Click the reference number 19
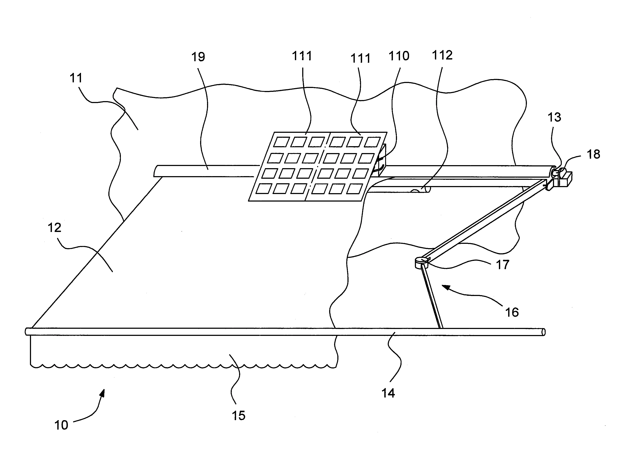[x=198, y=57]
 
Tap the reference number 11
[x=76, y=78]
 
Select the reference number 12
[x=54, y=228]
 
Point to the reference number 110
[x=399, y=56]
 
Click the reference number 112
[x=442, y=55]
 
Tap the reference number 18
[x=593, y=154]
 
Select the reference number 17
[x=503, y=265]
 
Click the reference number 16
[x=512, y=312]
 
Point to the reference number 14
[x=388, y=393]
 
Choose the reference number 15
[x=238, y=416]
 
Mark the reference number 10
[x=61, y=425]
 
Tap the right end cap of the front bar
[x=543, y=332]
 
